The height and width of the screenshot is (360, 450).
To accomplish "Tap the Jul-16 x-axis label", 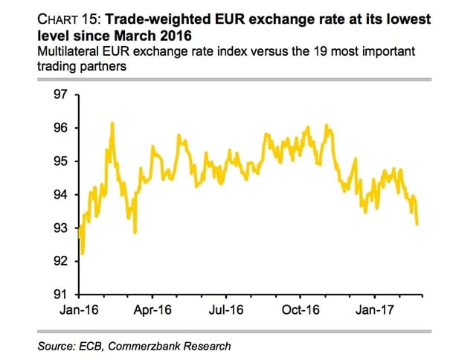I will (x=226, y=310).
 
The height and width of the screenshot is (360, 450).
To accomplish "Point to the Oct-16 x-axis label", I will (x=300, y=310).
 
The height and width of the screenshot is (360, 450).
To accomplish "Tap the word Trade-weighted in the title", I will (x=158, y=18).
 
